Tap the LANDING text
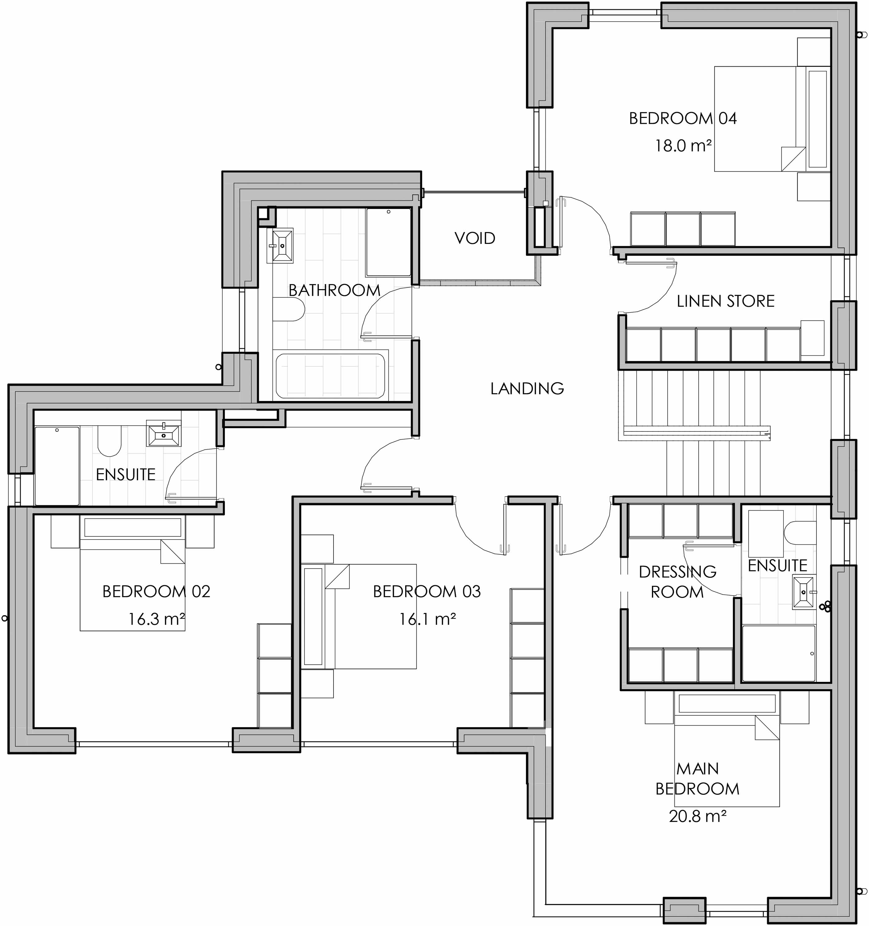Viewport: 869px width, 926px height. (x=527, y=388)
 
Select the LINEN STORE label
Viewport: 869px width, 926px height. (x=725, y=301)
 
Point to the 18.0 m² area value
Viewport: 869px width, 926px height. (x=683, y=146)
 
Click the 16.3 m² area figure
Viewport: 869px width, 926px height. (x=157, y=619)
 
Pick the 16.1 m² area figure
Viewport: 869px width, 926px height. (x=427, y=619)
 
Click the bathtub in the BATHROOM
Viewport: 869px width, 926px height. (x=330, y=376)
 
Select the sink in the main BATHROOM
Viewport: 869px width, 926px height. (x=282, y=245)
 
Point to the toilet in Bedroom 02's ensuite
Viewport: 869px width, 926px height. (x=110, y=442)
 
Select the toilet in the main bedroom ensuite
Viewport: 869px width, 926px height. (x=800, y=532)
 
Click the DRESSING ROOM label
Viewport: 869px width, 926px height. (x=678, y=582)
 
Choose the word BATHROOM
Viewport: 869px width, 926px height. (x=334, y=290)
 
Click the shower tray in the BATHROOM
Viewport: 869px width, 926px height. (x=388, y=242)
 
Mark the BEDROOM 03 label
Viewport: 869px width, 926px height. (x=427, y=591)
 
